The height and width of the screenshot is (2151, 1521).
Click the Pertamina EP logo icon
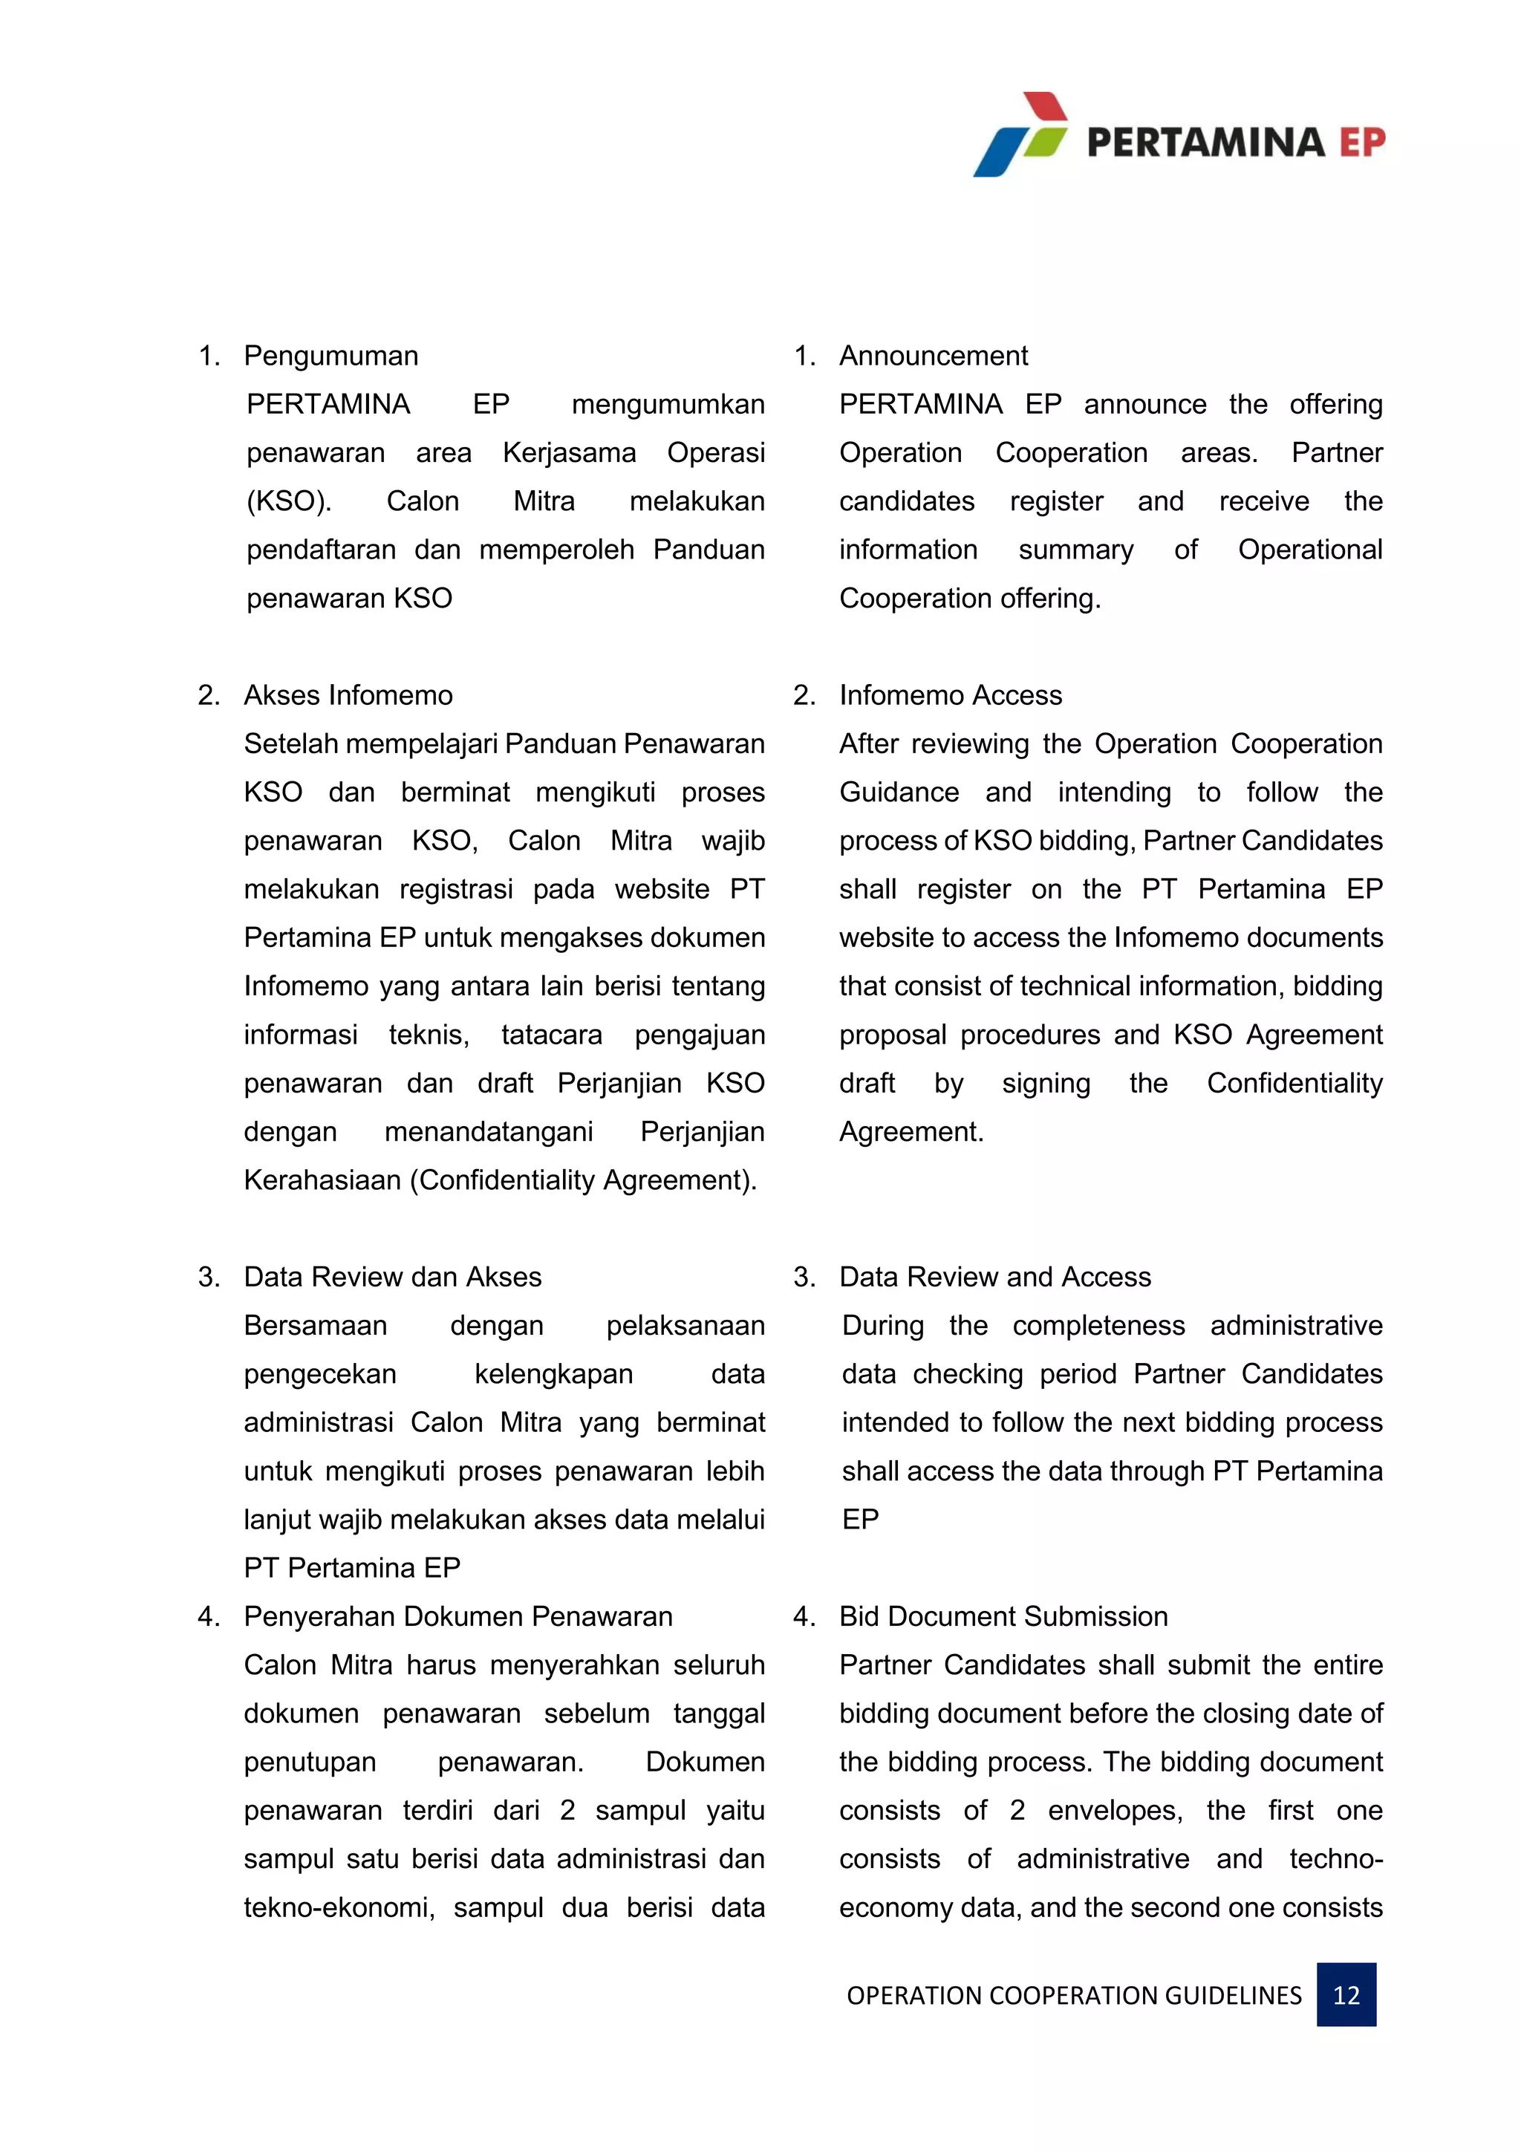(1021, 134)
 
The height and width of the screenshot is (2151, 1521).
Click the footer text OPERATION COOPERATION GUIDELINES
(1073, 1996)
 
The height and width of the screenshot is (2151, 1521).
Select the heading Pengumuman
(330, 356)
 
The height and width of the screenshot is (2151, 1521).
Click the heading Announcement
(933, 356)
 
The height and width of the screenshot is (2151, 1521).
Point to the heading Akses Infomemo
(348, 695)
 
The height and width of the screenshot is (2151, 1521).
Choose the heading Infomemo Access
(950, 695)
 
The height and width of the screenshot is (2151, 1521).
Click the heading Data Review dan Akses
(392, 1277)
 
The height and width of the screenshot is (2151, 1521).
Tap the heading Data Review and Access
(994, 1277)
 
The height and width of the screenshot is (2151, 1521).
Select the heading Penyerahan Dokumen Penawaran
(458, 1616)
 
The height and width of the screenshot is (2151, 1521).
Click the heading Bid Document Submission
(1003, 1616)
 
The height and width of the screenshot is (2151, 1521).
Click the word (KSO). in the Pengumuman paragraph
(288, 501)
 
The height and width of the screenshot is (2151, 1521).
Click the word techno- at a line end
(1335, 1858)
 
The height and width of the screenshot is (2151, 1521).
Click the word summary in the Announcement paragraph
(1075, 550)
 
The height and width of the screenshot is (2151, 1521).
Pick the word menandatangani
(488, 1132)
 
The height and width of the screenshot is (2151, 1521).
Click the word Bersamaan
(315, 1326)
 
